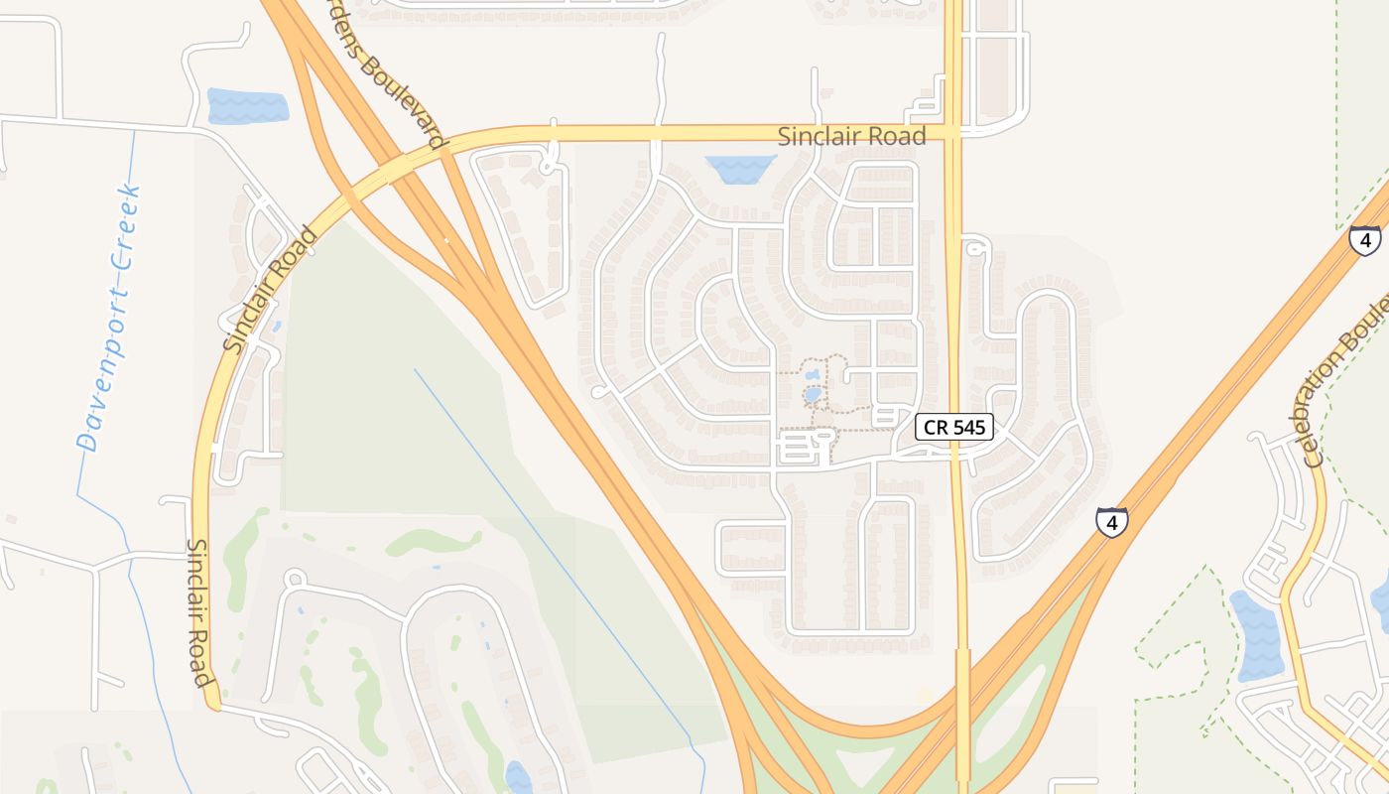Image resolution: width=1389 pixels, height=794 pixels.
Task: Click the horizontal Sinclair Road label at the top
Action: click(851, 136)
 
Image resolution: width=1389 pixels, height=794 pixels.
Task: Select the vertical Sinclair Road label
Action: click(200, 612)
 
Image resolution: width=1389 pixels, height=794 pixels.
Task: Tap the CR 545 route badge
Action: click(953, 427)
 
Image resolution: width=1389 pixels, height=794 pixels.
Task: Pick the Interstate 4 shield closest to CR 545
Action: click(1111, 521)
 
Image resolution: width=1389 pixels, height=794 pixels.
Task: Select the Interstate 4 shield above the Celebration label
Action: click(1364, 240)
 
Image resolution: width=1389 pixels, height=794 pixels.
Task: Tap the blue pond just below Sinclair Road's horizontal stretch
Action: click(740, 168)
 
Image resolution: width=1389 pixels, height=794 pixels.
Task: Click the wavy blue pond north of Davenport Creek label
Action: click(247, 106)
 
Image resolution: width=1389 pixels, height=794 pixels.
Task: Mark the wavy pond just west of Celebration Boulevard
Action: click(1256, 633)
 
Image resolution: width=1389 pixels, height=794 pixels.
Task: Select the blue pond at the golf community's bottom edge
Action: click(518, 777)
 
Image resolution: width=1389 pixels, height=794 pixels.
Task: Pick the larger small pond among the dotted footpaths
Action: click(813, 394)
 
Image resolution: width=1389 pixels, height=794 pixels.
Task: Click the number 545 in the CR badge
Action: click(967, 427)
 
